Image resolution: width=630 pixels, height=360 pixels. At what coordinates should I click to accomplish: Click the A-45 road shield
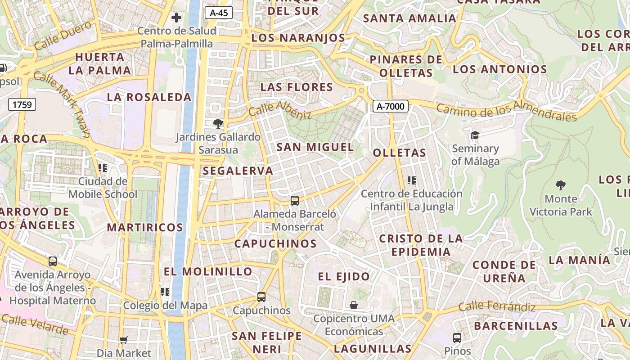click(219, 13)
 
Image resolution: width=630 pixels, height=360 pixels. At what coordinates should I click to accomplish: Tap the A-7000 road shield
click(391, 107)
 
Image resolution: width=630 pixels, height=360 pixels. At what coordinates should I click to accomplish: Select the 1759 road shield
click(22, 105)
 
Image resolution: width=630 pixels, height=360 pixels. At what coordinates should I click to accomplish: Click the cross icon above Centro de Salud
click(176, 18)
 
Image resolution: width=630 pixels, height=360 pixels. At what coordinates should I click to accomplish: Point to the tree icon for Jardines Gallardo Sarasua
click(218, 123)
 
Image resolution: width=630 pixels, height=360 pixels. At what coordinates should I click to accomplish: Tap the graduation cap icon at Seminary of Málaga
click(475, 135)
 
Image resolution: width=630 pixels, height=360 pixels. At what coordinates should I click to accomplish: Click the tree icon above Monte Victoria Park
click(560, 184)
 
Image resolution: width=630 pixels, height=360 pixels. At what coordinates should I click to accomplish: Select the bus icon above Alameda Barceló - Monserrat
click(295, 200)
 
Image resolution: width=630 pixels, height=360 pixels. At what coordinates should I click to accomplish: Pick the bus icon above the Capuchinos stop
click(261, 297)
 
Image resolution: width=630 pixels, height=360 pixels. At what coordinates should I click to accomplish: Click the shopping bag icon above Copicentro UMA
click(354, 305)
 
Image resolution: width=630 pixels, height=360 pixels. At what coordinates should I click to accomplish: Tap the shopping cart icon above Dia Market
click(124, 340)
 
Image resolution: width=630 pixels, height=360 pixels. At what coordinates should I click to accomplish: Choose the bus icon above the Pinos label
click(457, 337)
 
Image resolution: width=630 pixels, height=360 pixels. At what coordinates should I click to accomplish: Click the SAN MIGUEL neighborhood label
click(315, 147)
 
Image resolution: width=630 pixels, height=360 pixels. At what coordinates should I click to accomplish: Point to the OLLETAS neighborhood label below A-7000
click(399, 153)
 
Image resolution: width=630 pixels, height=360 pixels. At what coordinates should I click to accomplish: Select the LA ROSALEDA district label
click(149, 97)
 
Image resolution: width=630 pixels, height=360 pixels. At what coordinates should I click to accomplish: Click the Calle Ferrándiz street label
click(497, 307)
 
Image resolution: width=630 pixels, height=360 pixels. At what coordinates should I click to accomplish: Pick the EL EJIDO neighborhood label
click(344, 276)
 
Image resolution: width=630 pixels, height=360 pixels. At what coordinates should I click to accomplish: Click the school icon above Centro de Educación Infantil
click(411, 180)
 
